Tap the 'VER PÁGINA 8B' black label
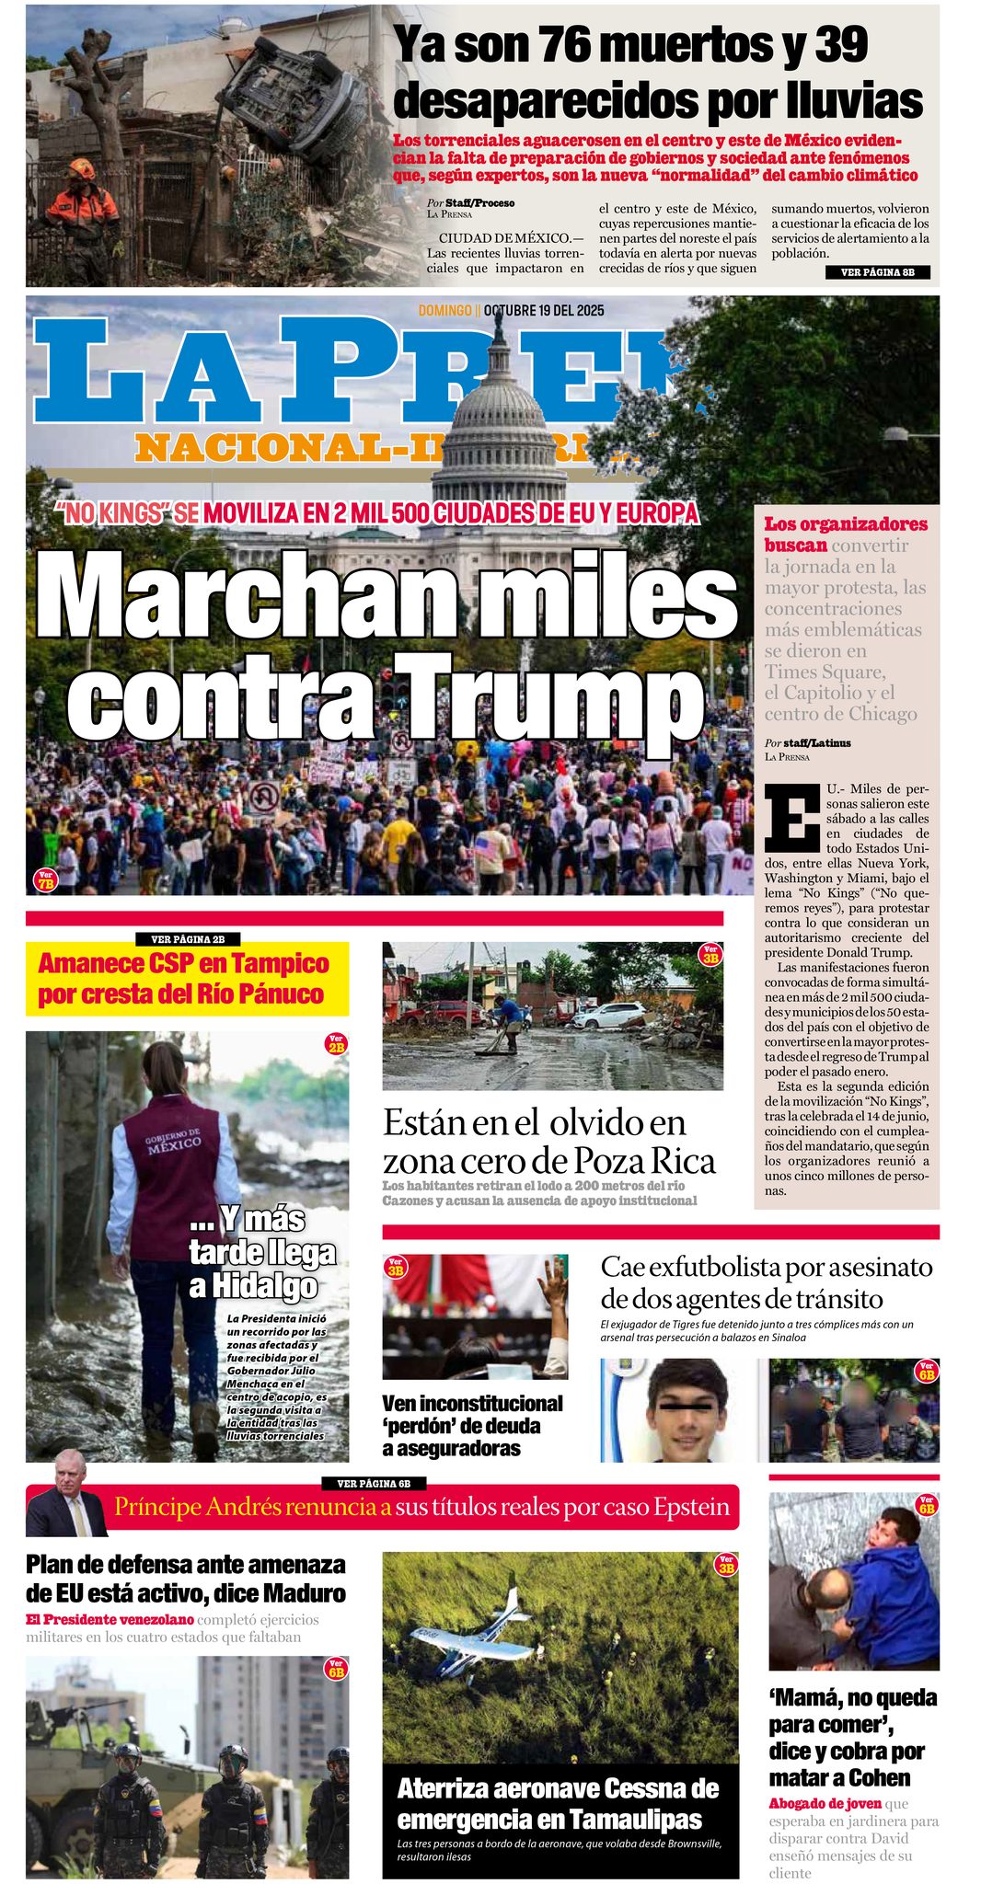click(x=877, y=272)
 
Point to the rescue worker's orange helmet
click(x=82, y=168)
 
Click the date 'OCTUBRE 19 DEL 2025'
click(x=544, y=310)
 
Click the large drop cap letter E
click(x=791, y=817)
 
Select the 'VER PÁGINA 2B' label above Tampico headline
click(x=189, y=939)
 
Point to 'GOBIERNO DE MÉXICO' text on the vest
click(x=173, y=1142)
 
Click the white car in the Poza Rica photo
click(x=608, y=1016)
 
